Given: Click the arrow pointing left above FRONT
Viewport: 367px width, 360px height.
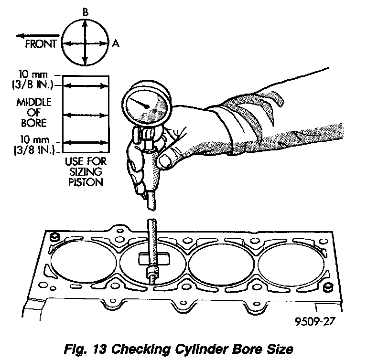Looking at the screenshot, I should pos(33,35).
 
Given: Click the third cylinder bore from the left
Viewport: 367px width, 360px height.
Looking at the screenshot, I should pos(222,261).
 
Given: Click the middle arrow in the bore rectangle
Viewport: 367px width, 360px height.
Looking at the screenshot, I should pos(86,115).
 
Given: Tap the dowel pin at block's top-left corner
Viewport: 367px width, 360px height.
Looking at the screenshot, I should pos(54,236).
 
